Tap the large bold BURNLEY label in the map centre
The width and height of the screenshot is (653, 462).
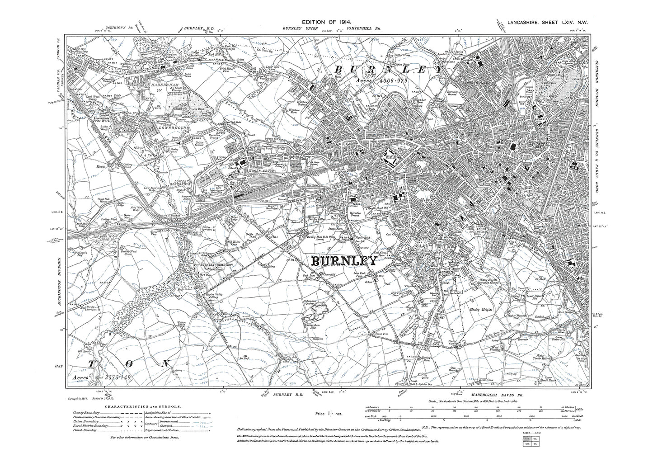pyautogui.click(x=343, y=261)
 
